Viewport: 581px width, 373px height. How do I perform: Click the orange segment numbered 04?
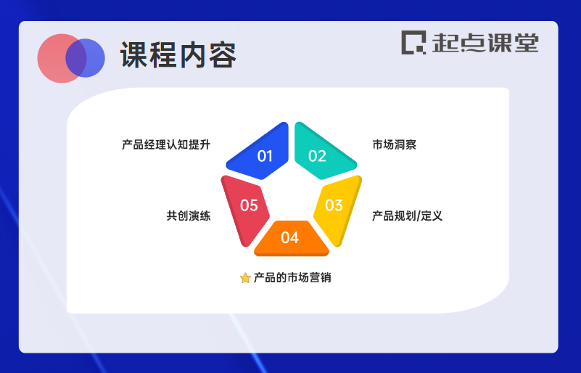click(x=291, y=237)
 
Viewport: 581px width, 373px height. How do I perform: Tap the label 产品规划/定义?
click(x=407, y=216)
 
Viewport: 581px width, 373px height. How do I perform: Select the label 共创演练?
click(x=188, y=216)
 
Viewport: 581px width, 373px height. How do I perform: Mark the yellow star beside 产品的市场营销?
click(x=245, y=278)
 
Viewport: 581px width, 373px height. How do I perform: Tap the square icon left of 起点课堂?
click(x=414, y=42)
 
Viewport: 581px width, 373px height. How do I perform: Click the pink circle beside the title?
click(x=54, y=58)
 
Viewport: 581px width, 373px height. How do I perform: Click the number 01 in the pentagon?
click(x=265, y=156)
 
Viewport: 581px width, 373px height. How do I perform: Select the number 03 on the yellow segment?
click(x=334, y=205)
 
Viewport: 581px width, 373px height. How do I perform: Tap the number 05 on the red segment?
click(x=249, y=205)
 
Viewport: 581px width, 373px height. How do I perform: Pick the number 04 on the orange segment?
click(x=289, y=237)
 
